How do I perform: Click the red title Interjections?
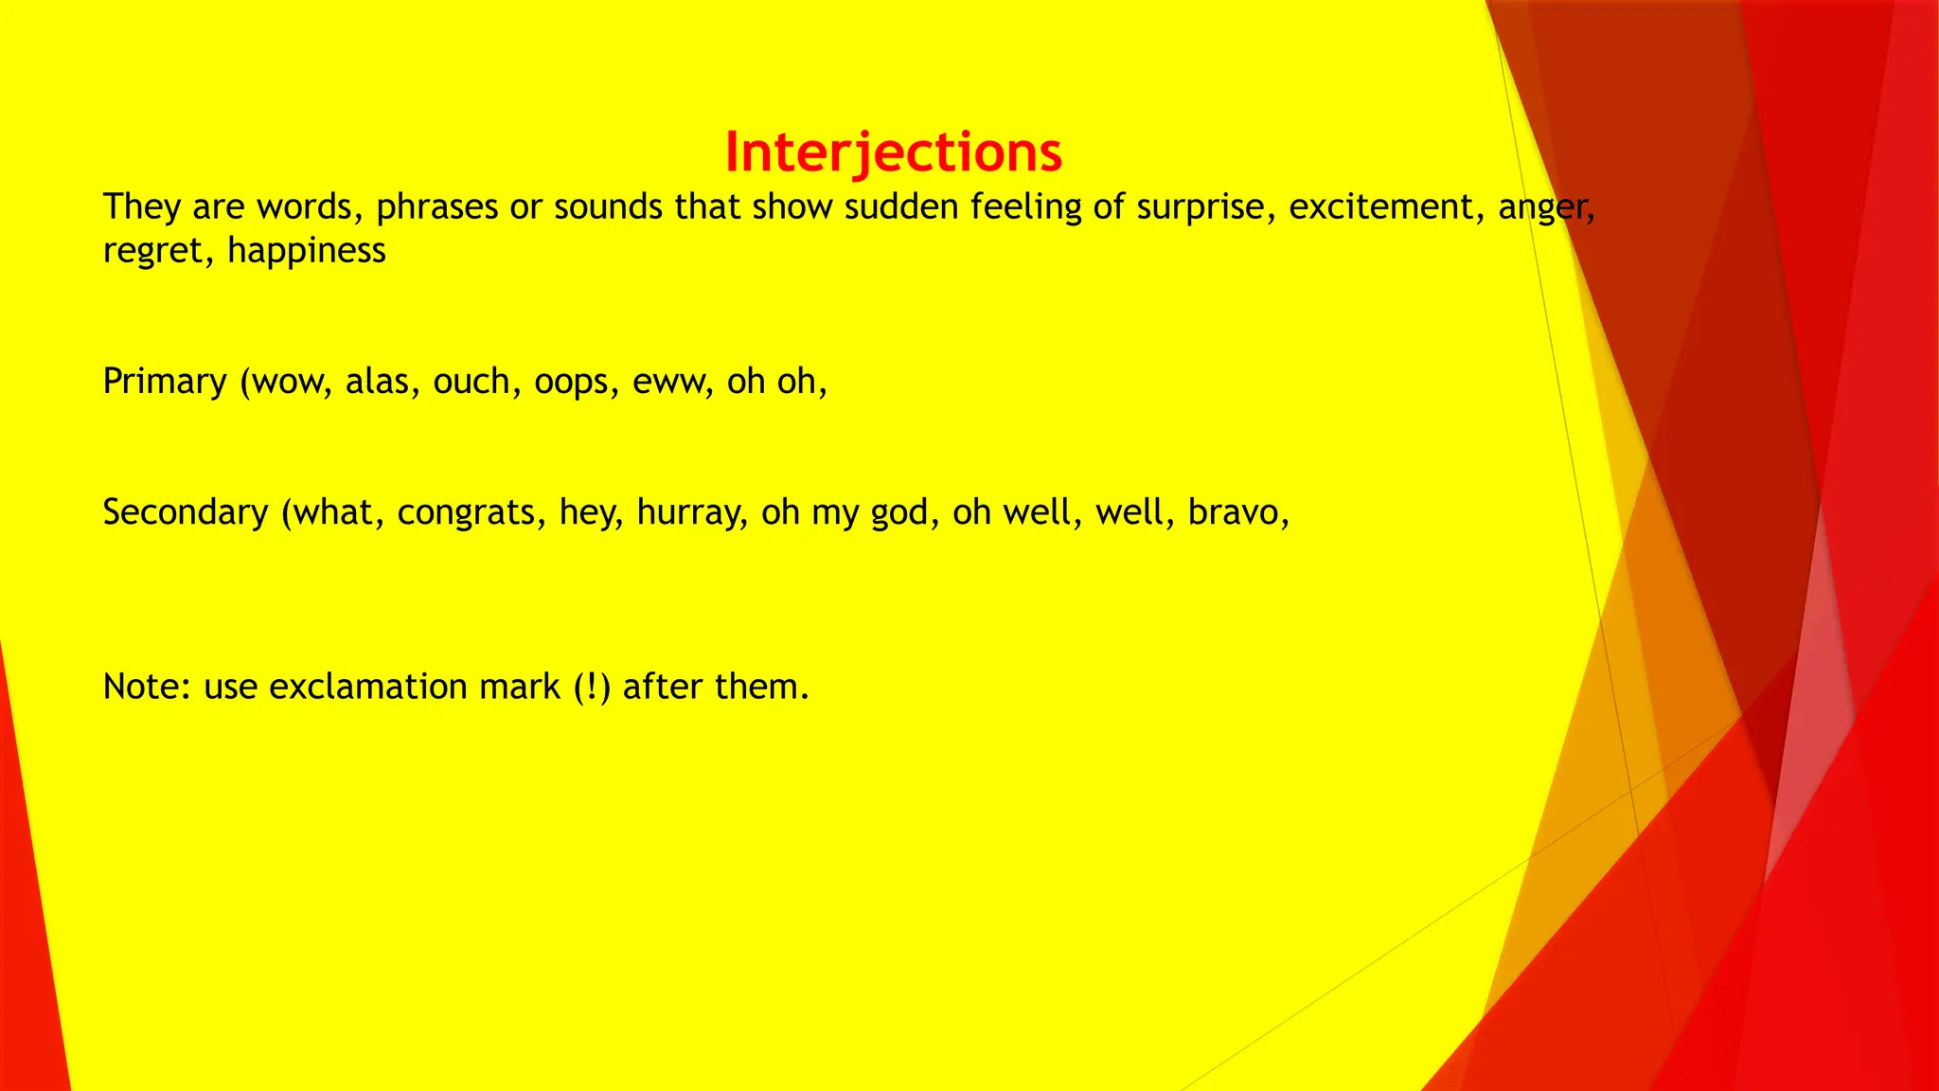tap(893, 152)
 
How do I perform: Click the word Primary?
tap(165, 381)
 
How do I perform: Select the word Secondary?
tap(186, 512)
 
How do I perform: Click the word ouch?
tap(471, 381)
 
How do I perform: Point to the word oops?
tap(571, 382)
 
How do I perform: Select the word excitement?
tap(1380, 206)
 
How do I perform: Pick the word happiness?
tap(307, 251)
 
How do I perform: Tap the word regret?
tap(151, 252)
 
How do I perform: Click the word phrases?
tap(436, 207)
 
